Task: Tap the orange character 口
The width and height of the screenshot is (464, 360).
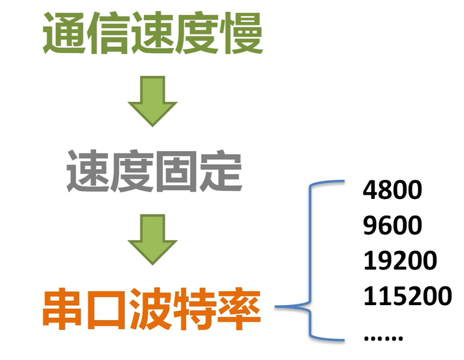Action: tap(108, 309)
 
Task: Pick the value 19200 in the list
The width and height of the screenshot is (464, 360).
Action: tap(400, 260)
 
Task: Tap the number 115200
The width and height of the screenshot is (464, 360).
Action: tap(407, 295)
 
